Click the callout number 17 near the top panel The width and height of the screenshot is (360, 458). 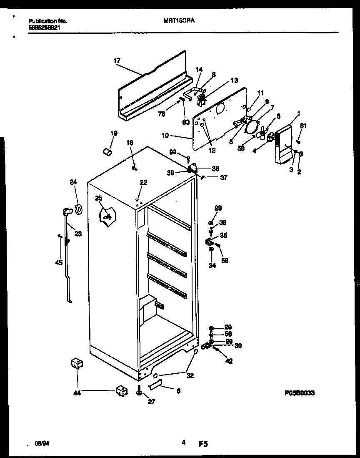coord(117,61)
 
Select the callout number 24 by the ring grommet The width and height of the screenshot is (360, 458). coord(73,182)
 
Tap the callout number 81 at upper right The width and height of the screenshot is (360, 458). coord(303,126)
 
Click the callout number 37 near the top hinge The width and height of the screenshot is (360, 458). coord(224,177)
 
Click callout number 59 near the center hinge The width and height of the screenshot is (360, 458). coord(225,261)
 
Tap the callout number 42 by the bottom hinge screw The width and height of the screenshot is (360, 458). coord(229,361)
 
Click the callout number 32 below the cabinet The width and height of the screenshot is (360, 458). coord(190,375)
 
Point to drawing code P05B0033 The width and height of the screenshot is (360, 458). coord(299,393)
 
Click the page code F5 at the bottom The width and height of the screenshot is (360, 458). coord(203,445)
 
